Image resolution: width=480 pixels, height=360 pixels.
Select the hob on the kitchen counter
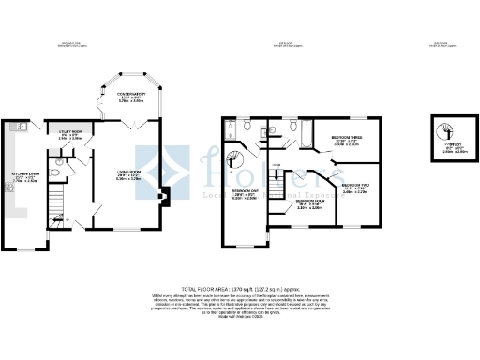pyautogui.click(x=10, y=187)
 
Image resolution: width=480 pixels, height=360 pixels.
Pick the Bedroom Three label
pyautogui.click(x=345, y=142)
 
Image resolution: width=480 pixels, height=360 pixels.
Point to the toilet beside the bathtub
pyautogui.click(x=294, y=125)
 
